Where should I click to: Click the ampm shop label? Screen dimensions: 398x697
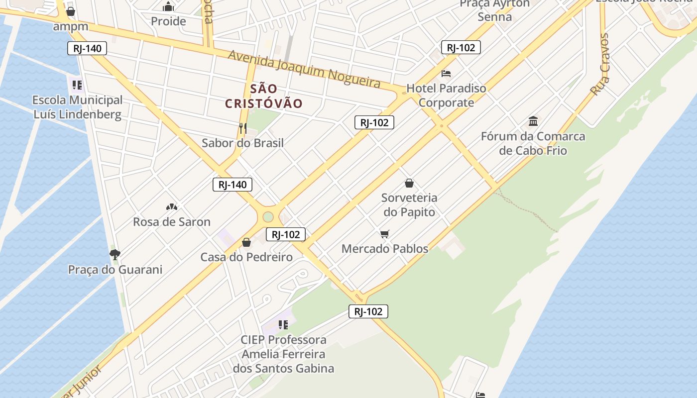click(x=71, y=26)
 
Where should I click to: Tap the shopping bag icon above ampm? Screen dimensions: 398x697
click(x=71, y=11)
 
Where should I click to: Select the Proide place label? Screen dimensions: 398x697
click(x=168, y=21)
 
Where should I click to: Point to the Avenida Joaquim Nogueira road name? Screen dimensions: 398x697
click(x=304, y=70)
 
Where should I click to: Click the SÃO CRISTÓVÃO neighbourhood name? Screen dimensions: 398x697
click(x=264, y=96)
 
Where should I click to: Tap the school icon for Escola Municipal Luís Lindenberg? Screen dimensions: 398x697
click(x=77, y=85)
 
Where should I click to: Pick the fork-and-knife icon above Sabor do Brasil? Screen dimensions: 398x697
click(x=243, y=128)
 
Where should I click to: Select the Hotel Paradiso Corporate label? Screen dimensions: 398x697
click(x=446, y=96)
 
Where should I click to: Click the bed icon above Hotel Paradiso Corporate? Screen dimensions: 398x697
click(x=446, y=74)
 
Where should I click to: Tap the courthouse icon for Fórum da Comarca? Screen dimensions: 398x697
click(x=533, y=121)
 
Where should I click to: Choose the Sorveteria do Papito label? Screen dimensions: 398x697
click(x=409, y=205)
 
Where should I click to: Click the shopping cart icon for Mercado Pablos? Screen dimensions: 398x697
click(x=384, y=234)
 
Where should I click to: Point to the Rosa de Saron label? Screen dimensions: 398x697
click(x=172, y=222)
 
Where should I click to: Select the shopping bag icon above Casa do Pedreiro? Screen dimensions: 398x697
click(x=246, y=242)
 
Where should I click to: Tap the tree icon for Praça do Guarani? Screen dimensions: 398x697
click(x=115, y=255)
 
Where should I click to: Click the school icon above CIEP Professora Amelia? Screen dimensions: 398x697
click(x=283, y=325)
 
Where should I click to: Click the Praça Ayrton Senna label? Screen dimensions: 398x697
click(x=494, y=10)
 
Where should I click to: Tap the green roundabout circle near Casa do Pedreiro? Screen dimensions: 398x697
click(x=268, y=217)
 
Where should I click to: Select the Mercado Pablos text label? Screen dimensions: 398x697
click(x=385, y=248)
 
